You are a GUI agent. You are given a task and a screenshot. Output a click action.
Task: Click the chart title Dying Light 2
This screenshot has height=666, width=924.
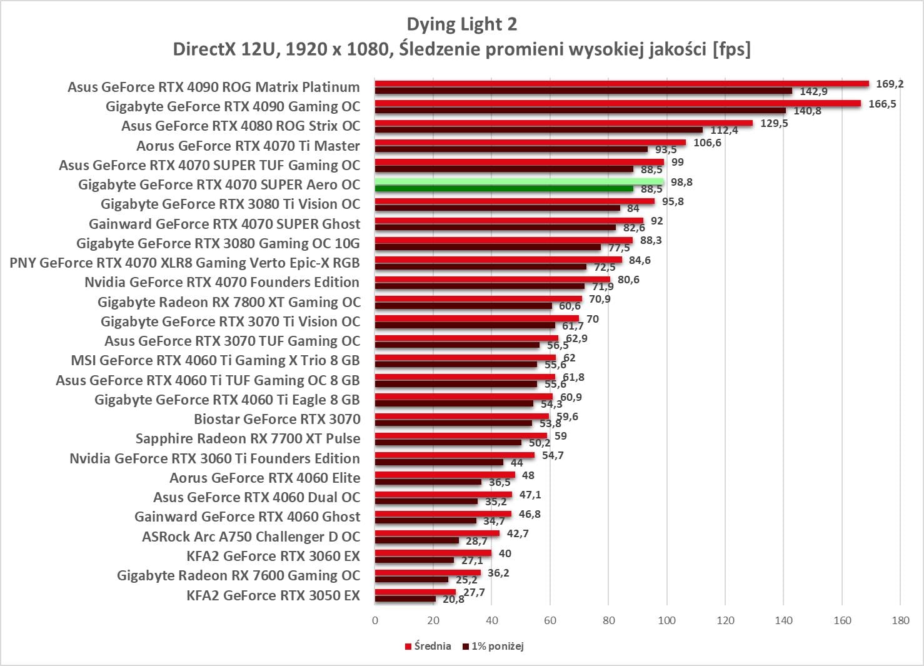coord(461,24)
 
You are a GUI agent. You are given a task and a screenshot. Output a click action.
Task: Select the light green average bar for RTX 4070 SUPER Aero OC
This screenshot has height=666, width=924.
coord(519,182)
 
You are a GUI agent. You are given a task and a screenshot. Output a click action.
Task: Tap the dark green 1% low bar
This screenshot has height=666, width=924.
coord(503,189)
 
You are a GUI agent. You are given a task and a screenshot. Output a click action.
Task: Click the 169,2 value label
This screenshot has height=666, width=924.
coord(889,84)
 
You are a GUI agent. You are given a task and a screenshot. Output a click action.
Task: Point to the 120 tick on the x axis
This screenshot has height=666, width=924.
coord(725,620)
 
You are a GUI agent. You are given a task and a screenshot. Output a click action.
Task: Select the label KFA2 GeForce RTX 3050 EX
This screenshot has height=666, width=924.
coord(273,595)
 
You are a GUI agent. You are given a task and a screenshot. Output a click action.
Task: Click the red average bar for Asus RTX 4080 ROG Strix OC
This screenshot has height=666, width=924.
coord(563,123)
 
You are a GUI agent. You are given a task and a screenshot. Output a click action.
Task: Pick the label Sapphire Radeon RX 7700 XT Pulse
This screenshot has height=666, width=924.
coord(248,439)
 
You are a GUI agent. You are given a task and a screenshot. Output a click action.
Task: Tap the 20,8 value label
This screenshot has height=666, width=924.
coord(453,599)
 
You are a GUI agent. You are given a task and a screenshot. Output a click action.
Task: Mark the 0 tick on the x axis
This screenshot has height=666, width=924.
coord(375,620)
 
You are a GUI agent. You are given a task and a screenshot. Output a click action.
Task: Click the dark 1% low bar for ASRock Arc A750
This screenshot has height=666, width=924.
coord(416,540)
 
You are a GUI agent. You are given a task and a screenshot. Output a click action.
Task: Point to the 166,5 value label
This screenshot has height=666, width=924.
coord(881,104)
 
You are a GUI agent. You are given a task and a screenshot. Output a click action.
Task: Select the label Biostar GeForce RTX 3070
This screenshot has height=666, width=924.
coord(277,419)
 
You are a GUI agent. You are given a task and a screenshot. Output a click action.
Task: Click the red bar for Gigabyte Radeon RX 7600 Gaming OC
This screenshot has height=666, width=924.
coord(428,573)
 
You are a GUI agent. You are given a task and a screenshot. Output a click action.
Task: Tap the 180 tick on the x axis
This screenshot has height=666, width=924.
coord(900,620)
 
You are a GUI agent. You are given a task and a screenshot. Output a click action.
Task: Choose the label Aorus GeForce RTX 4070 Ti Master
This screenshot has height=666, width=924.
coord(248,146)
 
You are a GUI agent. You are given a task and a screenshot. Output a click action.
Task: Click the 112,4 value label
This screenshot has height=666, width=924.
coord(724,130)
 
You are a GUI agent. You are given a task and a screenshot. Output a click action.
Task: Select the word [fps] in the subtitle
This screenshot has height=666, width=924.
coord(731,49)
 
